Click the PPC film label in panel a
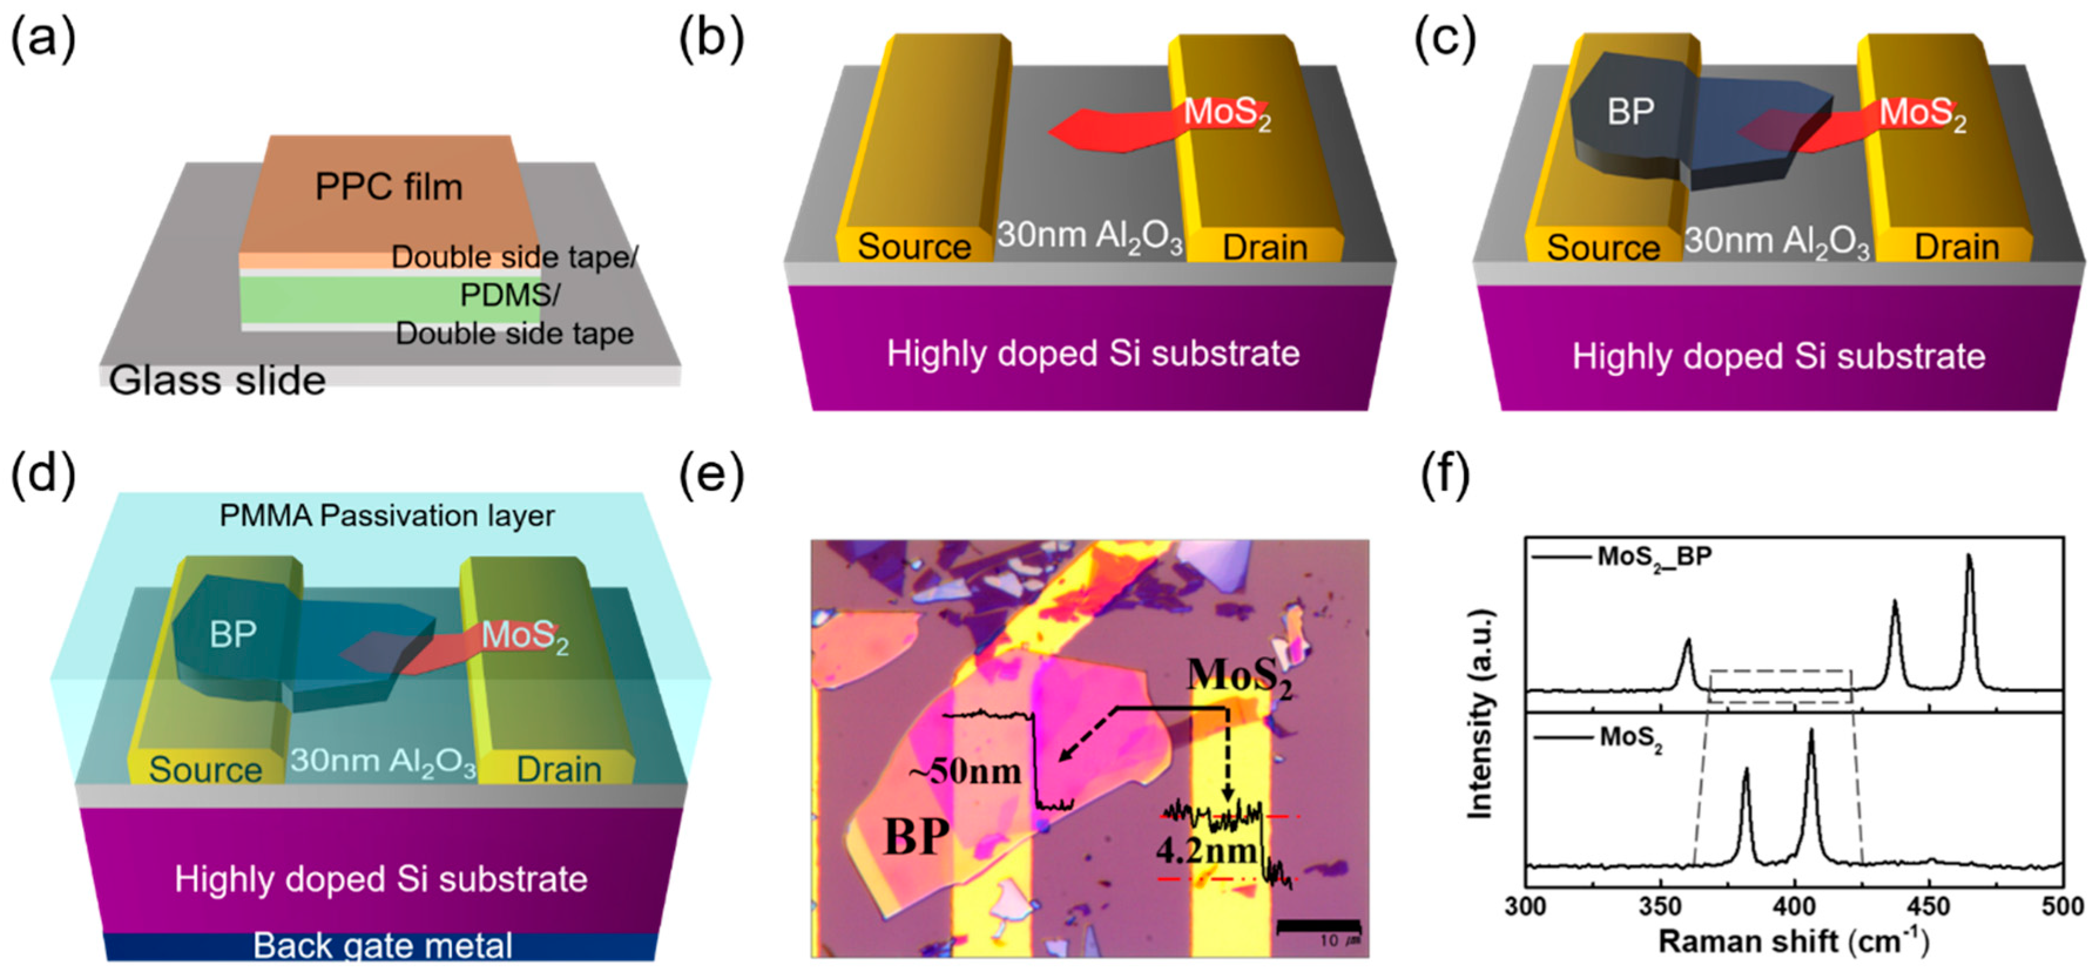388,187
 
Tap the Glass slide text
218,380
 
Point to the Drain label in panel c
1957,247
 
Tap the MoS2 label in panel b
1227,113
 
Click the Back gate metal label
383,945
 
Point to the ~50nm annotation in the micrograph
966,770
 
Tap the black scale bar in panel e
1319,925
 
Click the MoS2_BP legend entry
1653,557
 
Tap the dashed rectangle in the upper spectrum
1781,686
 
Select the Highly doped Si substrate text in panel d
381,879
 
